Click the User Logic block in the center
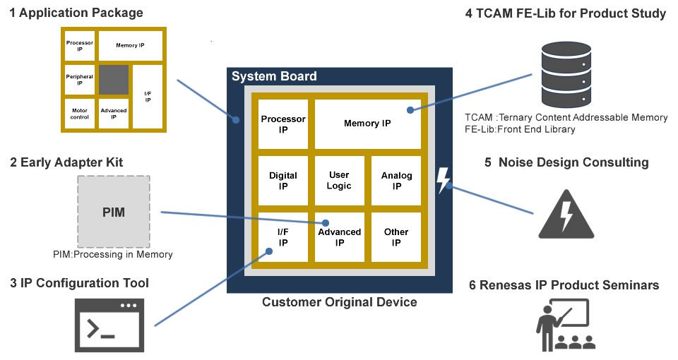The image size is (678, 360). click(339, 181)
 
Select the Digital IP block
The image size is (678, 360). click(282, 181)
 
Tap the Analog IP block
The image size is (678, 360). click(396, 181)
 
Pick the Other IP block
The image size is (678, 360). click(396, 236)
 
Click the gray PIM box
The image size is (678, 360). click(113, 210)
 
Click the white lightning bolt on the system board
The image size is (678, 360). click(443, 181)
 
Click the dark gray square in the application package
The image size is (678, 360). click(113, 80)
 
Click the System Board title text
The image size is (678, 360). click(274, 76)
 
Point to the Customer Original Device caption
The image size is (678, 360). click(339, 302)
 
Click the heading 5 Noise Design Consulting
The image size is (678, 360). click(566, 162)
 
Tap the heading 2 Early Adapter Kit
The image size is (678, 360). click(66, 162)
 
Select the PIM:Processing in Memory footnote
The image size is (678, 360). click(113, 254)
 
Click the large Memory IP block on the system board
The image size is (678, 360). click(367, 124)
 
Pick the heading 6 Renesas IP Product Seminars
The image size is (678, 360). click(564, 285)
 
